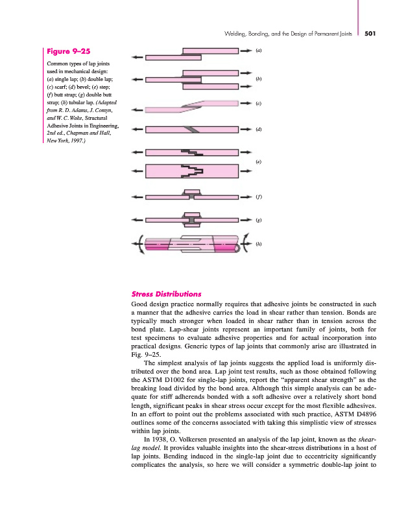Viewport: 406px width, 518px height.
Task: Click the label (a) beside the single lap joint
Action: click(258, 50)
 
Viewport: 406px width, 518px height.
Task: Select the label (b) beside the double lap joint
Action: click(258, 79)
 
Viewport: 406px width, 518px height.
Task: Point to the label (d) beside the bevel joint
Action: click(258, 129)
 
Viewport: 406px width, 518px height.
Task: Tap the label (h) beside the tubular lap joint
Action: click(258, 244)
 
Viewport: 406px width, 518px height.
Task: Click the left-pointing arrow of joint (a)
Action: click(137, 57)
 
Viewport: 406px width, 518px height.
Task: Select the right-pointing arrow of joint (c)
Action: click(246, 102)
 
